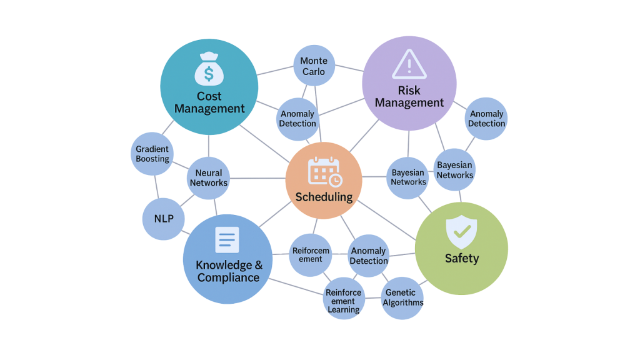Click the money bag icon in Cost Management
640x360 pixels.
tap(209, 68)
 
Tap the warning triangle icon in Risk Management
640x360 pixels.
tap(409, 64)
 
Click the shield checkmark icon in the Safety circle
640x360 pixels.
tap(461, 231)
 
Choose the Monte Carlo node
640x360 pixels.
tap(314, 66)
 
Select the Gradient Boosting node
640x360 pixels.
tap(153, 154)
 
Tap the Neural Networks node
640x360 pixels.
tap(209, 178)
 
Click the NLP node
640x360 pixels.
tap(164, 219)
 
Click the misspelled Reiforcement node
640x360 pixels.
tap(311, 255)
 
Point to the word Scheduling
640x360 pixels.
tap(324, 197)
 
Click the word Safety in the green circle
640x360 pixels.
tap(461, 258)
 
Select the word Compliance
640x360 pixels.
tap(228, 277)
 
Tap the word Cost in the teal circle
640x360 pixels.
tap(209, 96)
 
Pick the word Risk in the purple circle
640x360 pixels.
tap(409, 91)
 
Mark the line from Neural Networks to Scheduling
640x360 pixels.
tap(257, 178)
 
